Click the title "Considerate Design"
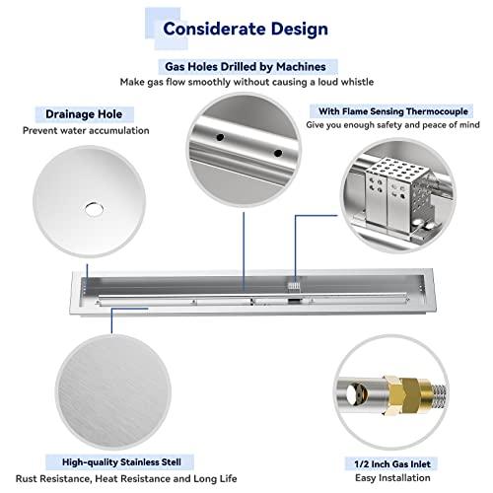click(x=246, y=29)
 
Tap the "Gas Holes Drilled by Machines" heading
click(x=246, y=66)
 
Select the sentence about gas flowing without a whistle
click(x=246, y=82)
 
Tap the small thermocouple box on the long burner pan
click(x=293, y=282)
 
